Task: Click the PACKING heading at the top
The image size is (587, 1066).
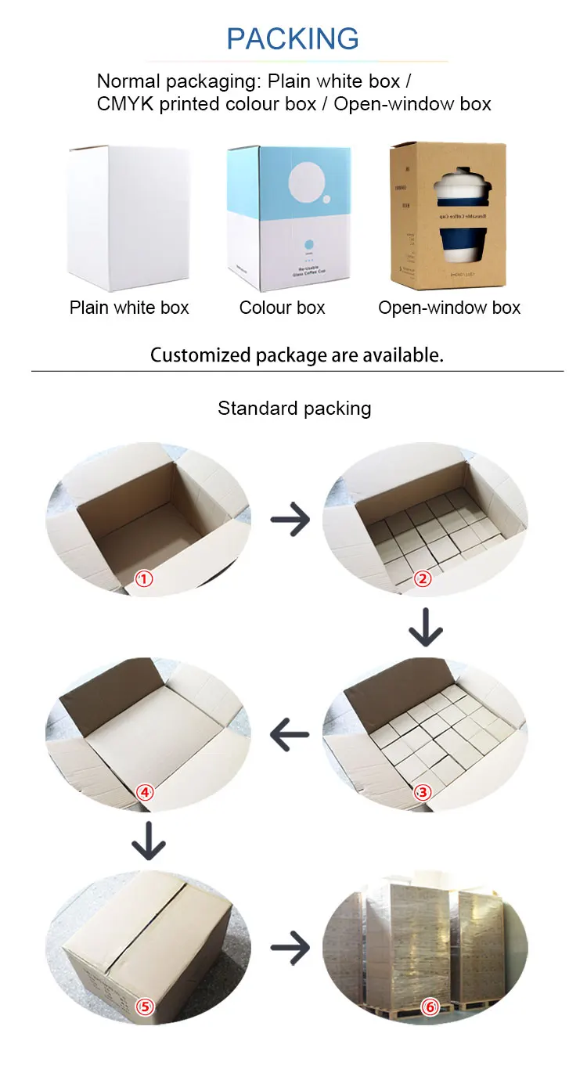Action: coord(293,38)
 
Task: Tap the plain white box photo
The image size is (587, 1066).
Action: coord(128,218)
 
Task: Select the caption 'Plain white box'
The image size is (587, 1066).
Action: coord(129,308)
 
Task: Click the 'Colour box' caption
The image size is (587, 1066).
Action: coord(282,308)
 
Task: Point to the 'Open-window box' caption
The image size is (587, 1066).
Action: coord(449,308)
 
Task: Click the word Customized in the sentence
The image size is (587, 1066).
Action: coord(201,355)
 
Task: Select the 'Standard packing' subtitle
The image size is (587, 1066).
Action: coord(294,408)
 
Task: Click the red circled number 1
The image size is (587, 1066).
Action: coord(144,580)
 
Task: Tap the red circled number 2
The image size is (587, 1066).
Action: coord(423,579)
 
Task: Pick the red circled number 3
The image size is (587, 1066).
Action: coord(423,792)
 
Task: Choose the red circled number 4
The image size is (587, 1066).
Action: coord(144,792)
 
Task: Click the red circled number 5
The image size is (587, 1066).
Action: coord(144,1007)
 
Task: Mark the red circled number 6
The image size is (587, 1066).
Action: coord(429,1007)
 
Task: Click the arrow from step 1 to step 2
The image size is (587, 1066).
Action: coord(290,520)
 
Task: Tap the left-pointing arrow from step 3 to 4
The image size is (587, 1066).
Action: coord(290,734)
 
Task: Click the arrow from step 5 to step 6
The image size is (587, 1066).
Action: coord(290,949)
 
